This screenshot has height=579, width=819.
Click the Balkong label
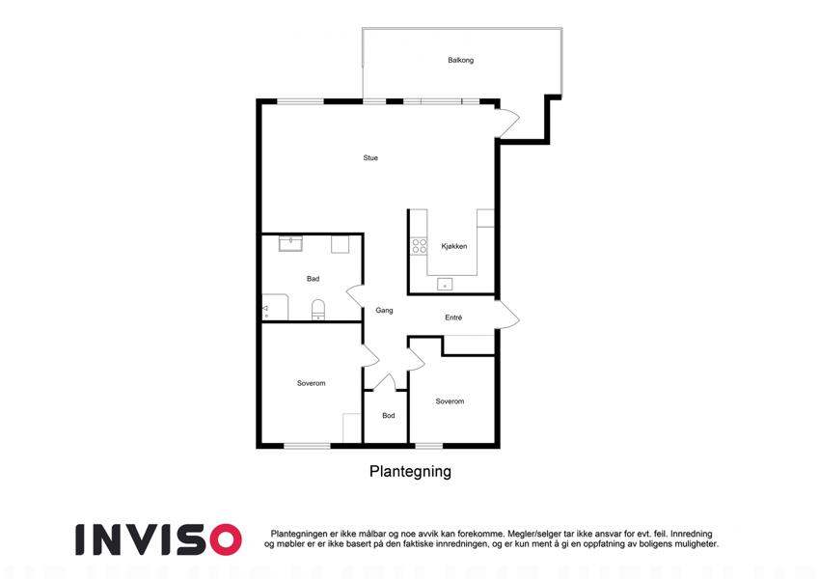point(460,60)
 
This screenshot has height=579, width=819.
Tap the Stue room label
point(370,158)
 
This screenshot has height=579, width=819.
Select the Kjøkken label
point(454,246)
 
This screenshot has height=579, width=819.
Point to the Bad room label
point(313,279)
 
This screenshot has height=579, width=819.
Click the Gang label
point(384,311)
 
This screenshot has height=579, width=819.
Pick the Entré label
point(453,317)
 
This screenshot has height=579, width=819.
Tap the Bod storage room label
point(388,416)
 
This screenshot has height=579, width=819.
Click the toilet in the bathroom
point(318,310)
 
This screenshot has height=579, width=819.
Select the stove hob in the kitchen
point(419,246)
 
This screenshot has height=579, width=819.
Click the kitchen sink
point(445,285)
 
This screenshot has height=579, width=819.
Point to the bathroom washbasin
point(290,243)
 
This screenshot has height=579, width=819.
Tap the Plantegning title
point(410,471)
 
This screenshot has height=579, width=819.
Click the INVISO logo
point(159,539)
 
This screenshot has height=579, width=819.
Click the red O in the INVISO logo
point(225,539)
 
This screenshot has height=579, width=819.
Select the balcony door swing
point(507,123)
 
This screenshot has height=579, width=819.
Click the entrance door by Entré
point(507,315)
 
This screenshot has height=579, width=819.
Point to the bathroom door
point(355,297)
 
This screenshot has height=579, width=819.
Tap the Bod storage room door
point(385,382)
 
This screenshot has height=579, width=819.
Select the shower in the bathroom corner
point(275,307)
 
